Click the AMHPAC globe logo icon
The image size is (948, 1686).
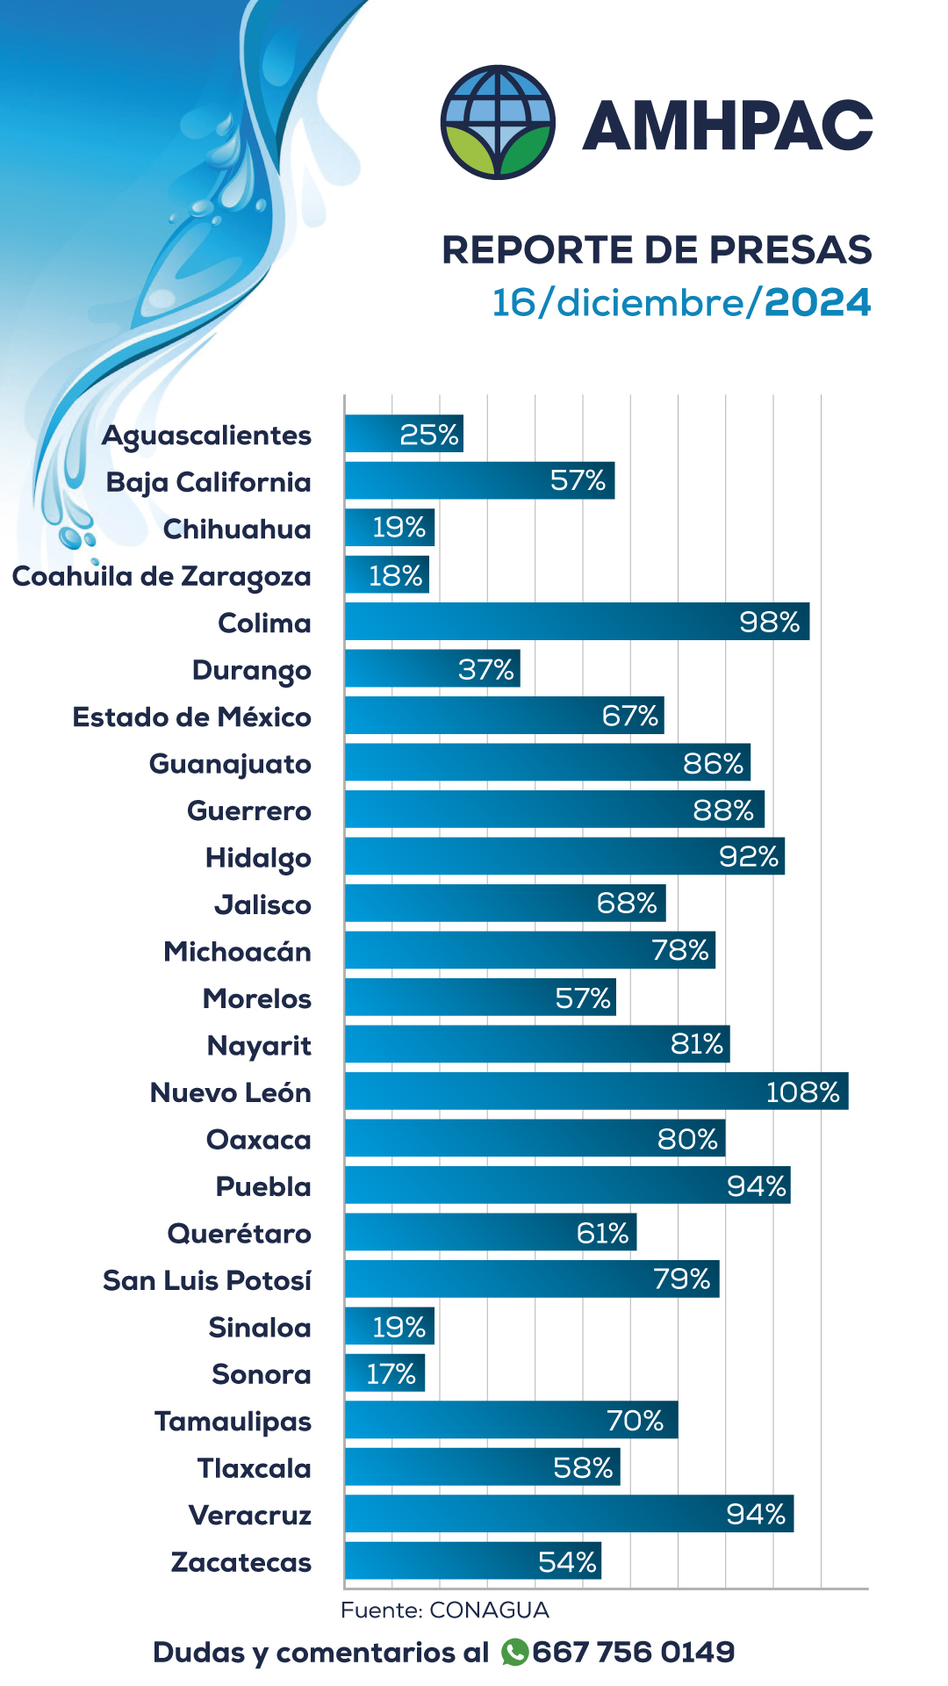pyautogui.click(x=498, y=122)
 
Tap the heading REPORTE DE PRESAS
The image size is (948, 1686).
pyautogui.click(x=657, y=250)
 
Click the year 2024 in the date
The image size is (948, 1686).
pyautogui.click(x=818, y=303)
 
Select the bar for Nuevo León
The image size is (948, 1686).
pyautogui.click(x=596, y=1092)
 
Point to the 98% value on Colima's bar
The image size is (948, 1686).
pyautogui.click(x=769, y=623)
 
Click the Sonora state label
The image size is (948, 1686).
pyautogui.click(x=262, y=1374)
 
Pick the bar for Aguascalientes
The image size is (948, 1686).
pyautogui.click(x=404, y=434)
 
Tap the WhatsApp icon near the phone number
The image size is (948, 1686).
pyautogui.click(x=514, y=1652)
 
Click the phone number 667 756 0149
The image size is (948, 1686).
pyautogui.click(x=633, y=1652)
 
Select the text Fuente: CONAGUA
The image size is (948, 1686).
pyautogui.click(x=445, y=1610)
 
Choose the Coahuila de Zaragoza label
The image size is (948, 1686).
pyautogui.click(x=162, y=577)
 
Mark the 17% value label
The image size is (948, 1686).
pyautogui.click(x=391, y=1373)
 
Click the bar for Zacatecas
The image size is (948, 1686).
pyautogui.click(x=472, y=1560)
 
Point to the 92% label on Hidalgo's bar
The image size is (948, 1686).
pyautogui.click(x=749, y=856)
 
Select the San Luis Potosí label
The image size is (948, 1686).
pyautogui.click(x=207, y=1280)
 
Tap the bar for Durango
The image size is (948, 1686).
pyautogui.click(x=432, y=669)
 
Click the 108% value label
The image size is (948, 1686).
pyautogui.click(x=802, y=1092)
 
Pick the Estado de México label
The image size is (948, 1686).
pyautogui.click(x=191, y=717)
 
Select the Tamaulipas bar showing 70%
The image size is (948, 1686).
pyautogui.click(x=511, y=1420)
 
